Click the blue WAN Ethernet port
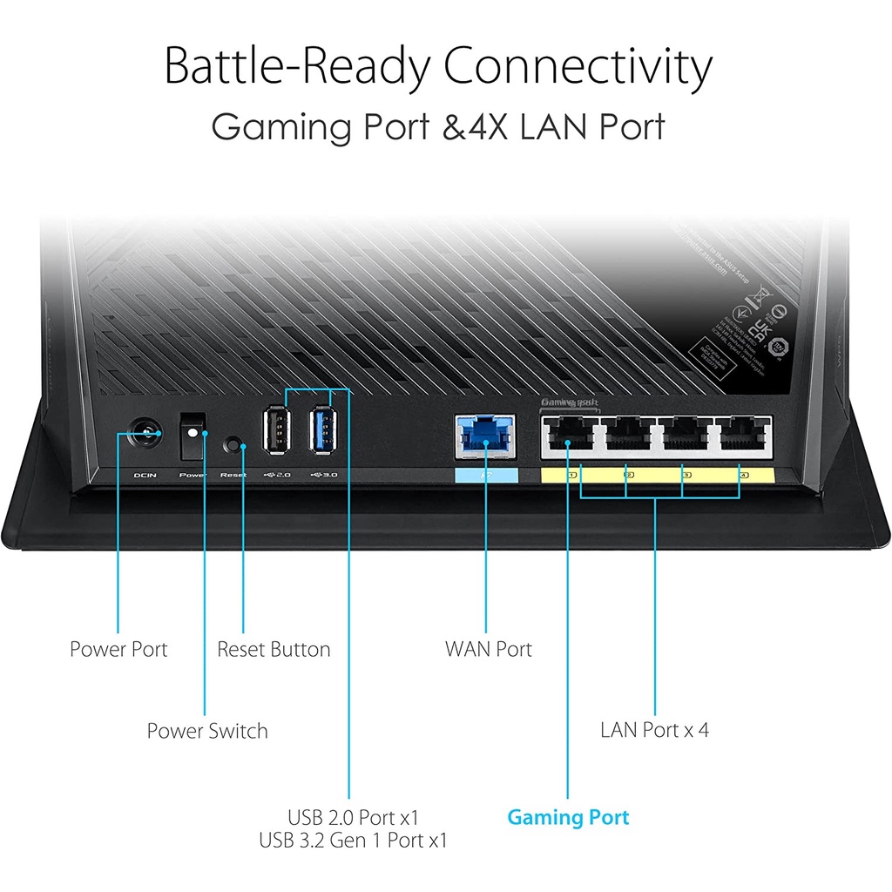(485, 436)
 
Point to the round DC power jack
(144, 432)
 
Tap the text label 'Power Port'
(118, 649)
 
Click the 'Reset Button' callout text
(274, 649)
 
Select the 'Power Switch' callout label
(207, 731)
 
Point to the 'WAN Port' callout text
(488, 649)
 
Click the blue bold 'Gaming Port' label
(568, 817)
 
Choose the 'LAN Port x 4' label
(654, 729)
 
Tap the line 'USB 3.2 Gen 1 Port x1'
(353, 841)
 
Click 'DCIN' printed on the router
(144, 476)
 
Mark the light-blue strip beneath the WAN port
(486, 476)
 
